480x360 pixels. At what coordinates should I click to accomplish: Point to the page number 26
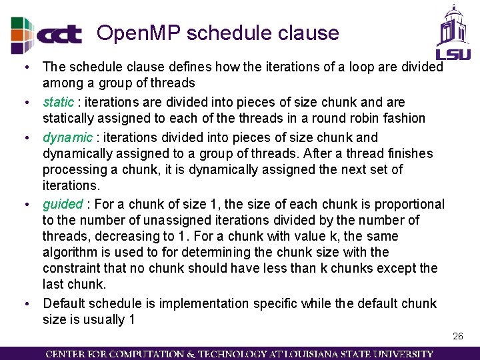[457, 337]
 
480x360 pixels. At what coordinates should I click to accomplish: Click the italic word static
[58, 103]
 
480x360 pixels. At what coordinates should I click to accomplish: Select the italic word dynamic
[67, 138]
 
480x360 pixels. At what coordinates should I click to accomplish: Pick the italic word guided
[63, 204]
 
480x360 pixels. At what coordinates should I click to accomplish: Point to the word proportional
[409, 204]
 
